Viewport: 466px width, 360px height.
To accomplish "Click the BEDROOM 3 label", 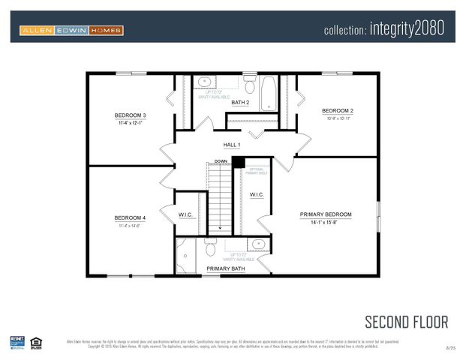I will [130, 115].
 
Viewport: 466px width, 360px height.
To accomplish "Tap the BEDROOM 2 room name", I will [337, 110].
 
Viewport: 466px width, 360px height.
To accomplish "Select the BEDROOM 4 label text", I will [130, 217].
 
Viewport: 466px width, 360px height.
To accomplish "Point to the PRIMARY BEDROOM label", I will [326, 214].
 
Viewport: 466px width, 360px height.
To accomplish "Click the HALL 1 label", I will [232, 145].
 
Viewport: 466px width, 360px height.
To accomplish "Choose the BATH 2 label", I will [240, 102].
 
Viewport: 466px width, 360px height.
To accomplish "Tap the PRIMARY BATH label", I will [226, 268].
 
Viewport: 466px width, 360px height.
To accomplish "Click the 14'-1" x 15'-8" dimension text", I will [326, 223].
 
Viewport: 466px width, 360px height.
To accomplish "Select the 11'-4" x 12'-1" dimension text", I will [130, 123].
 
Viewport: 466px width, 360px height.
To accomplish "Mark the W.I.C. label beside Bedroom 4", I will [186, 215].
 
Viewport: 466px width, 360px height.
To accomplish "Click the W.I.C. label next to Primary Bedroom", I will [257, 194].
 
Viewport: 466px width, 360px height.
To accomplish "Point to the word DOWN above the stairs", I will [221, 161].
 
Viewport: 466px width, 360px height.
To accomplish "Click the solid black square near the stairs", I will [238, 162].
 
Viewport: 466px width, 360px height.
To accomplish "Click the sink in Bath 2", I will [205, 82].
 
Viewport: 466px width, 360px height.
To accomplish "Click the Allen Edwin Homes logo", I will [71, 31].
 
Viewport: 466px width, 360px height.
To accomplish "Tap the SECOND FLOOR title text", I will [406, 322].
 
